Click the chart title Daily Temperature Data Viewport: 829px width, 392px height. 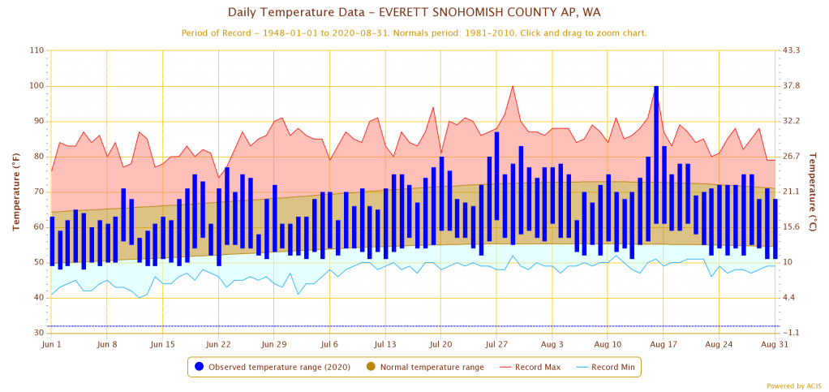pos(414,12)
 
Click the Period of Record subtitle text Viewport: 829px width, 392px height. pos(414,33)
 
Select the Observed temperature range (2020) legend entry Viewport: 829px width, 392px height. pos(273,367)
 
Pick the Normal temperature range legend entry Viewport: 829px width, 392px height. pos(425,367)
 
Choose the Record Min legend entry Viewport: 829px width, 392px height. pos(606,367)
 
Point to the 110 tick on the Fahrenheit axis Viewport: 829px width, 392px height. pos(36,50)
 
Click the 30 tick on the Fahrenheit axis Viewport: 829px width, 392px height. pos(38,334)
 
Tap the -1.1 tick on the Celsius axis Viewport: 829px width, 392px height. pos(792,334)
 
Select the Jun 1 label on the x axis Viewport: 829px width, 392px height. pos(51,345)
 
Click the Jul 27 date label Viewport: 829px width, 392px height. pos(496,345)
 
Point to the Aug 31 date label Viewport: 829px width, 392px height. pos(775,345)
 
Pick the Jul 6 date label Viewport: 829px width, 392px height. pos(329,345)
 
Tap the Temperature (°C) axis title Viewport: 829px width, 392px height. pos(815,192)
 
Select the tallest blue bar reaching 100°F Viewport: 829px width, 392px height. pos(656,154)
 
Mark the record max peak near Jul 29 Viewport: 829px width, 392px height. pos(513,86)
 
